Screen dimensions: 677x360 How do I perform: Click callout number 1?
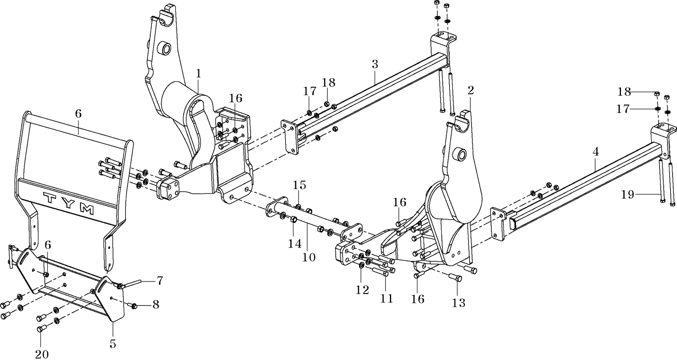[198, 74]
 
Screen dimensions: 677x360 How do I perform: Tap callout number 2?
[471, 91]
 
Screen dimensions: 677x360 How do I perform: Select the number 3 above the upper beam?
[375, 64]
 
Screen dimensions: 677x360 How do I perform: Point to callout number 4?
[595, 152]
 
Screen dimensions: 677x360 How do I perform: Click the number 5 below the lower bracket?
[113, 344]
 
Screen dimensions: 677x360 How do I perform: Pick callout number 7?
[159, 280]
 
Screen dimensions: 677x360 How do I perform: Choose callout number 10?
[308, 257]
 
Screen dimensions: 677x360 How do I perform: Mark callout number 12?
[362, 290]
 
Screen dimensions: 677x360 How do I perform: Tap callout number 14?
[294, 243]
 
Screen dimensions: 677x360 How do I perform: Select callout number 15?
[299, 185]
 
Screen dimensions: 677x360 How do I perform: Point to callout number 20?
[42, 354]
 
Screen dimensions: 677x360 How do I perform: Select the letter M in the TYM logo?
[87, 209]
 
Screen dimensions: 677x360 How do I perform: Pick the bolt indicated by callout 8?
[133, 306]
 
